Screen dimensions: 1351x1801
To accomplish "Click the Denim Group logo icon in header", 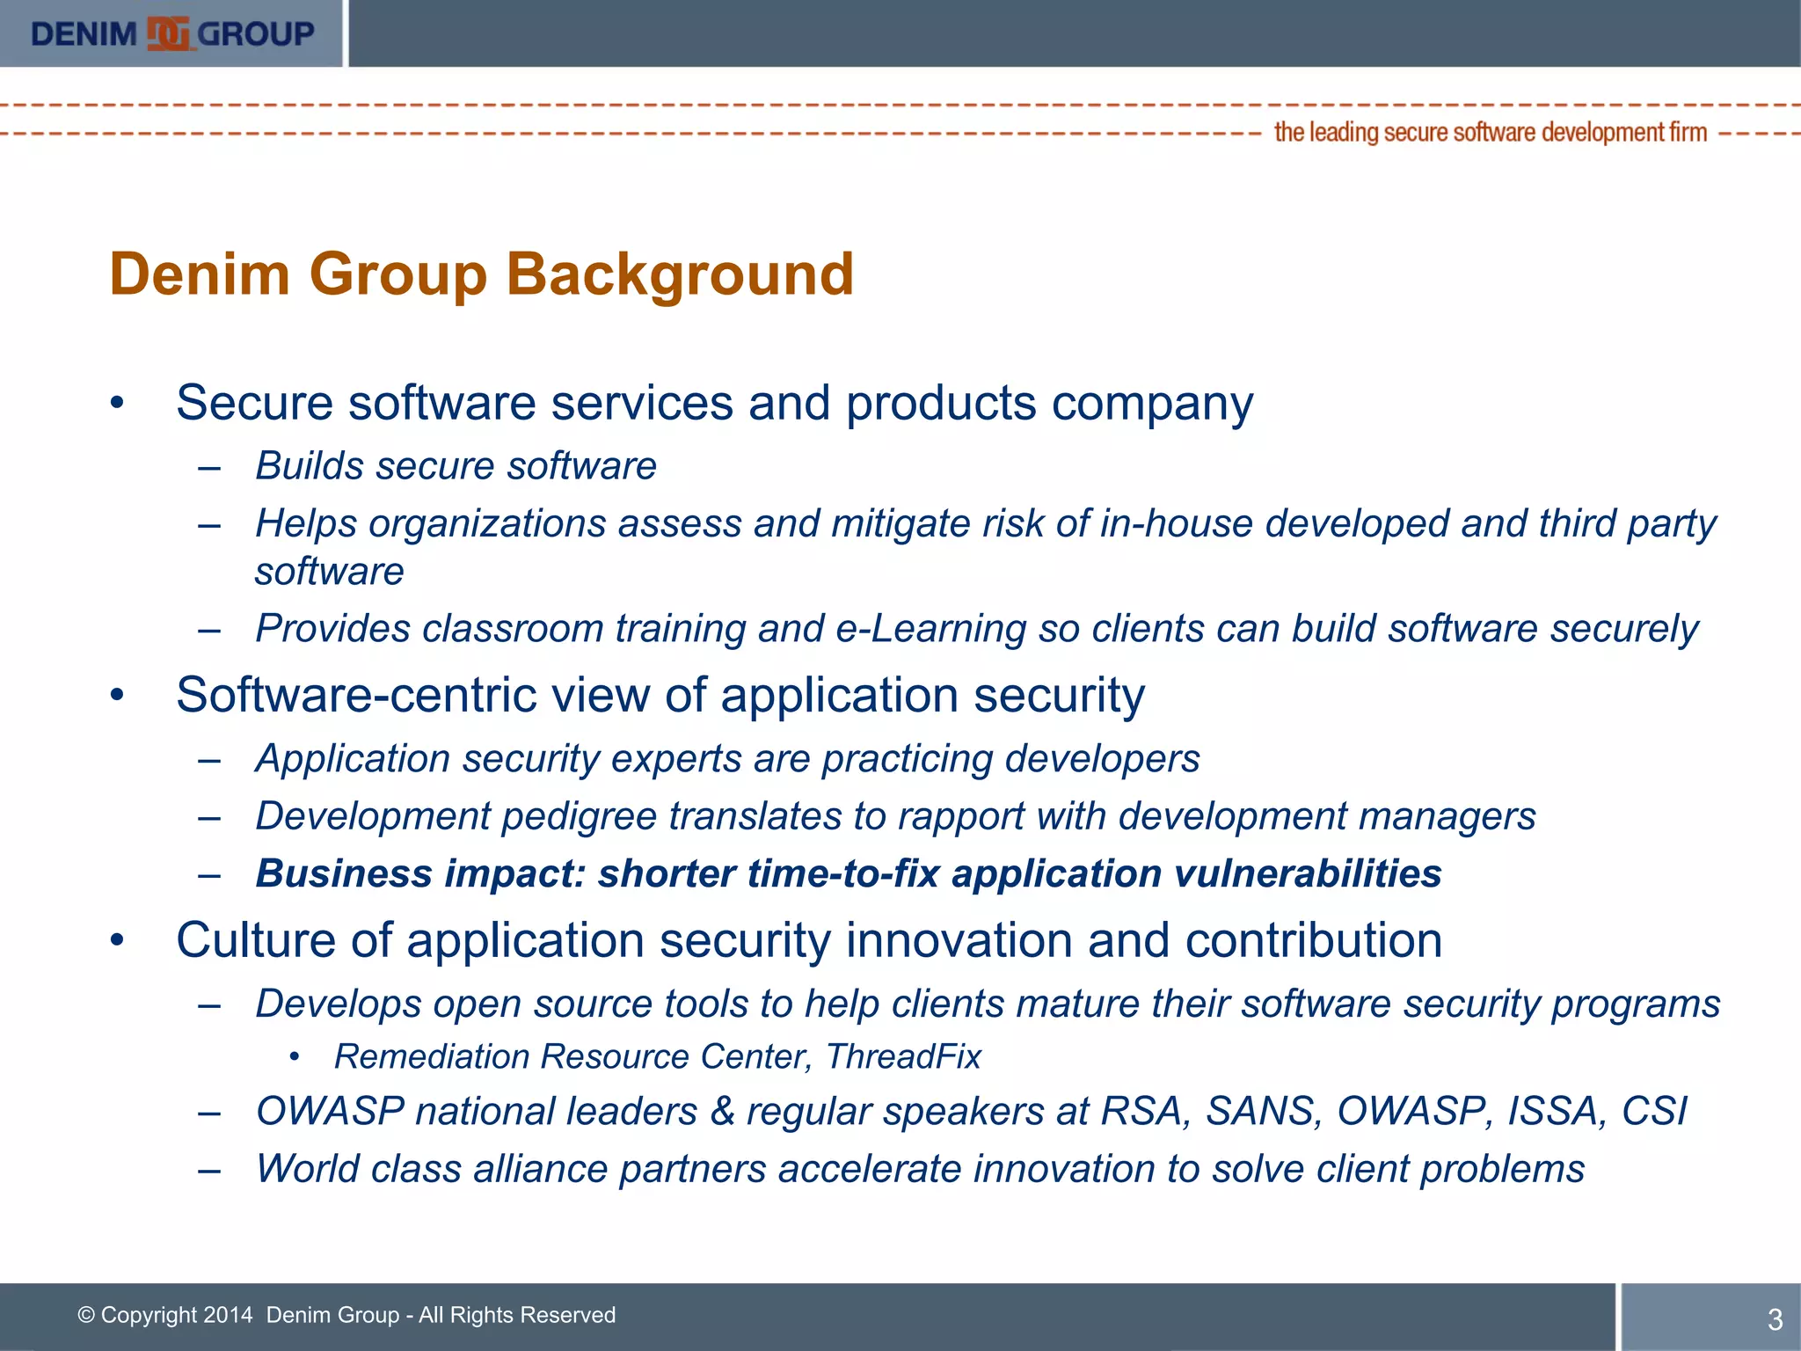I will [x=168, y=34].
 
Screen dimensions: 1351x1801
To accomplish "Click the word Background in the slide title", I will [x=679, y=274].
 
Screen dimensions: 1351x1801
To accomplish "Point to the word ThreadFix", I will [x=903, y=1056].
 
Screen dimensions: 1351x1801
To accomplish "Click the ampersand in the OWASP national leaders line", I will [x=722, y=1111].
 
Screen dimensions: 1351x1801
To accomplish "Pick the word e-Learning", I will [x=930, y=629].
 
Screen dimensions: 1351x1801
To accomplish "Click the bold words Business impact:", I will [x=420, y=873].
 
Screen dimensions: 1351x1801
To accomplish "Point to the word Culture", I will [x=256, y=940].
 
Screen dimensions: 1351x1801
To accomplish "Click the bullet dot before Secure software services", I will [x=118, y=404].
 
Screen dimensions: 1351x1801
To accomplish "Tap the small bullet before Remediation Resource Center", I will [x=295, y=1056].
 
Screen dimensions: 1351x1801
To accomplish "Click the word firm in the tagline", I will [x=1688, y=133].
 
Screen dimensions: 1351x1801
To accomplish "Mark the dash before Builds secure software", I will [x=209, y=466].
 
